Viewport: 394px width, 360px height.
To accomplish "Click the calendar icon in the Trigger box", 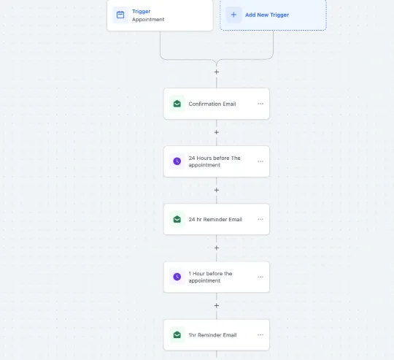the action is click(120, 15).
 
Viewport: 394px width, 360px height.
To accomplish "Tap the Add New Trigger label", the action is click(267, 15).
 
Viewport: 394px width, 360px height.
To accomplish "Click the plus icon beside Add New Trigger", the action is click(233, 15).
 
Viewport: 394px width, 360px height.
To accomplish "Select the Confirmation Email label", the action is click(212, 104).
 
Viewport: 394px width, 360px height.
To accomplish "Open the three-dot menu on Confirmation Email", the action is click(260, 104).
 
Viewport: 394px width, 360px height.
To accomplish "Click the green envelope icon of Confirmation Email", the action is click(177, 104).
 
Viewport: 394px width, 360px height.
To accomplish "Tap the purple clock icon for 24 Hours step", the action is click(177, 161).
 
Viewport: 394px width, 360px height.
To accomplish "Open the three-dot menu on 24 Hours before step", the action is click(260, 161).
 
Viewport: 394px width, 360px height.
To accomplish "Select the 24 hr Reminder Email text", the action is click(215, 220).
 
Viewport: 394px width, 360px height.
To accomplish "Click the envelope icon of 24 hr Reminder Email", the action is click(177, 219).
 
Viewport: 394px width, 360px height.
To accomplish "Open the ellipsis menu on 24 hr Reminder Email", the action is click(260, 219).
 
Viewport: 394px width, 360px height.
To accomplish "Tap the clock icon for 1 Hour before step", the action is click(177, 277).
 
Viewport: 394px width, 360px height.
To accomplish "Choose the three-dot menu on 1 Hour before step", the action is click(260, 277).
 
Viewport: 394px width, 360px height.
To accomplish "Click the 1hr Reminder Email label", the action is click(212, 335).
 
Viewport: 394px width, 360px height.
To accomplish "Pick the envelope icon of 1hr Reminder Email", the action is click(177, 335).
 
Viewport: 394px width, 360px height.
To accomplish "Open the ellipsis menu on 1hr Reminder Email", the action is click(260, 335).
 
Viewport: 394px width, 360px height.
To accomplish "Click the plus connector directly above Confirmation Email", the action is click(217, 72).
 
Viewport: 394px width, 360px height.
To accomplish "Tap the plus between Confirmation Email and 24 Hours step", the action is click(217, 132).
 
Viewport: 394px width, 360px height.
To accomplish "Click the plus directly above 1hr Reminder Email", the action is click(217, 306).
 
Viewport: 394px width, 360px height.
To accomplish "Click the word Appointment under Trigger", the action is click(148, 20).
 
